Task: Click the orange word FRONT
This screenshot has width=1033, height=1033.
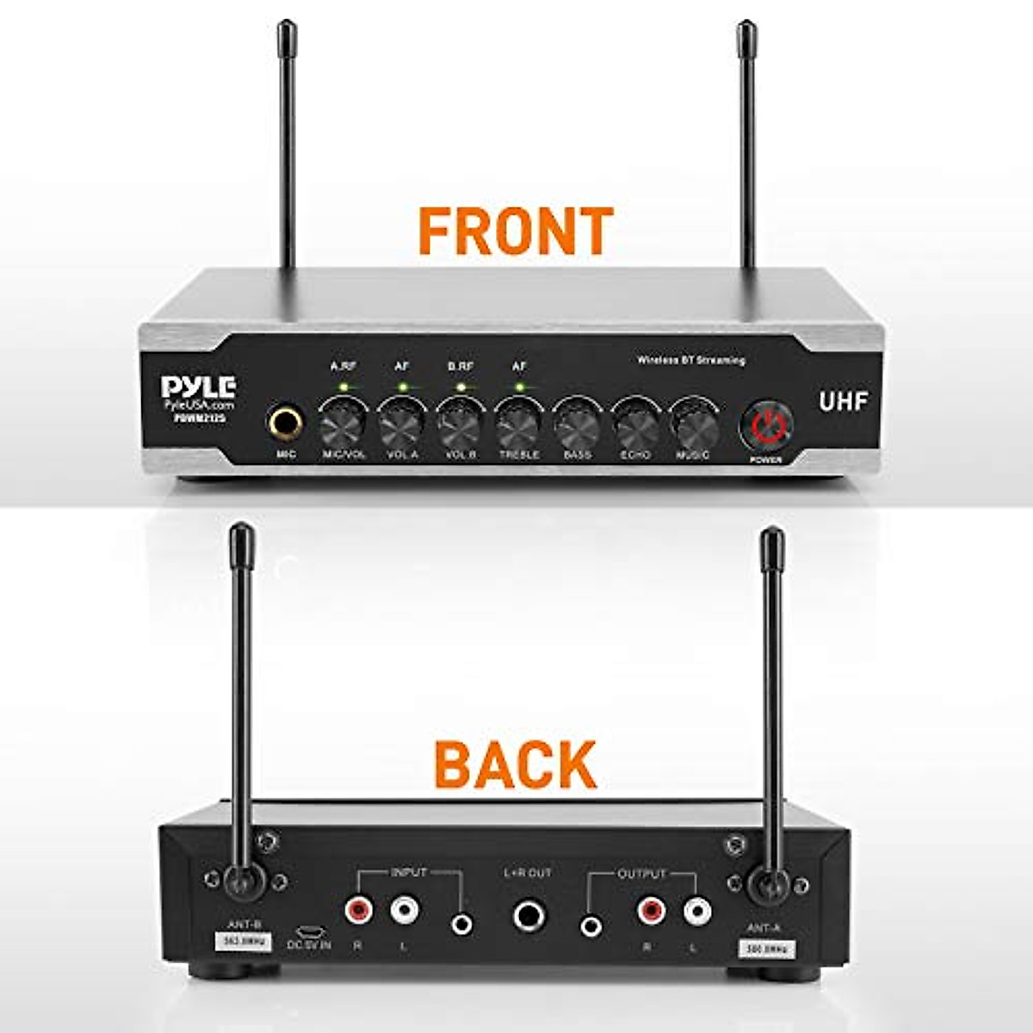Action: [516, 230]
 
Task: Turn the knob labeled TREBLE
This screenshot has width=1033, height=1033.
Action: [518, 424]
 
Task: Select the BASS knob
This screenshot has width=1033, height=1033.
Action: [577, 424]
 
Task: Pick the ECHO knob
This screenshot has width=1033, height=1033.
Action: [635, 424]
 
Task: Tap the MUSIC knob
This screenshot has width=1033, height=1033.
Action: [694, 424]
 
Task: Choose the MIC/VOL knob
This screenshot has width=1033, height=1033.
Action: [343, 424]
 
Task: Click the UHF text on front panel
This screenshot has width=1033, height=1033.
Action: [843, 401]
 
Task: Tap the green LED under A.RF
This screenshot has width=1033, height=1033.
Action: [343, 387]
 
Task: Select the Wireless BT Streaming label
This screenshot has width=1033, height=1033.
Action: [690, 361]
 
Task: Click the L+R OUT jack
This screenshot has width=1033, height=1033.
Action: [529, 915]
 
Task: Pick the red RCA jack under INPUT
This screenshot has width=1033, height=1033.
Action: [357, 908]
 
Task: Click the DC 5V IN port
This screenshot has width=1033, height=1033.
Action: [307, 931]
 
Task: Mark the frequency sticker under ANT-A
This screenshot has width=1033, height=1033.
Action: [767, 949]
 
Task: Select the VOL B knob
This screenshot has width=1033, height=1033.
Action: [460, 424]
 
